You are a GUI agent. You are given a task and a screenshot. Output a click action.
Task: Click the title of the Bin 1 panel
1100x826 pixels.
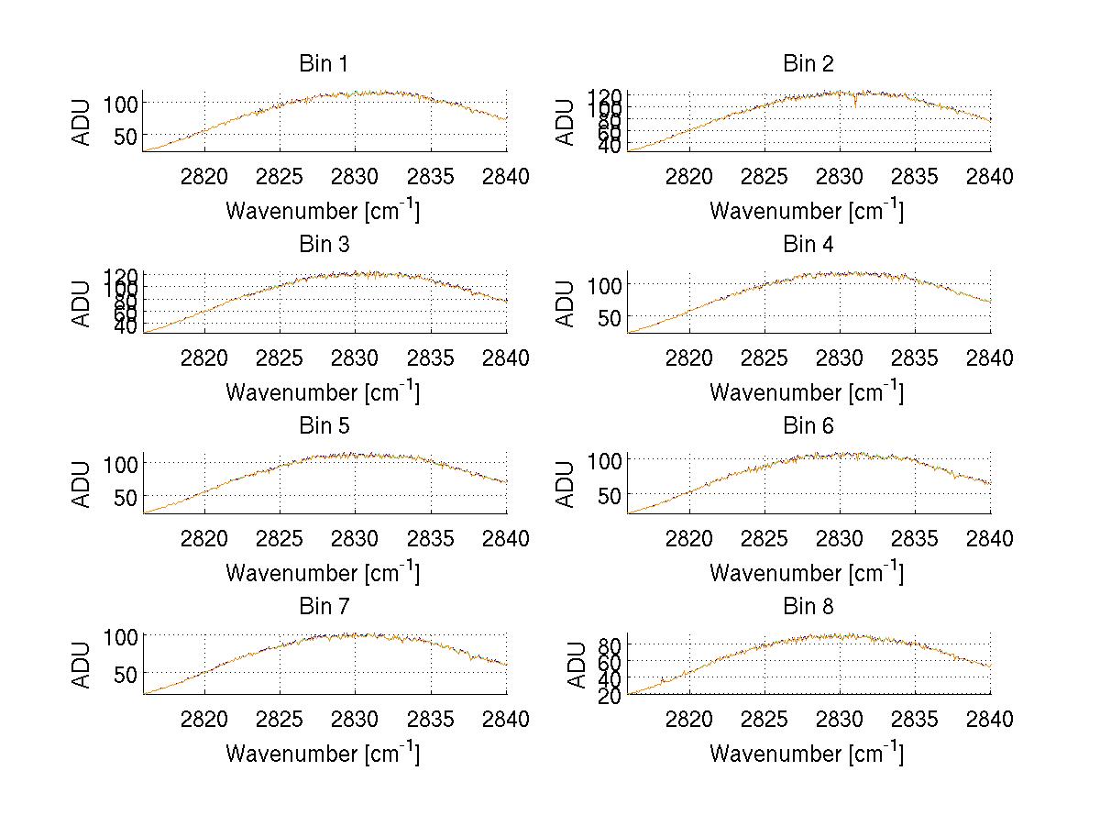pos(323,64)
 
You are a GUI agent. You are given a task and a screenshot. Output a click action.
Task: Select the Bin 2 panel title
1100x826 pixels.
pos(808,64)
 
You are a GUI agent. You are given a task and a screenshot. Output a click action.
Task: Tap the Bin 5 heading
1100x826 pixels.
pos(323,426)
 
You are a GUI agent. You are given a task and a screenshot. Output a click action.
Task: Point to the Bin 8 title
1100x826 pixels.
pos(808,607)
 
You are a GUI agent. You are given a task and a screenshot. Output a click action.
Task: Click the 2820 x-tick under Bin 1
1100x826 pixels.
pos(204,176)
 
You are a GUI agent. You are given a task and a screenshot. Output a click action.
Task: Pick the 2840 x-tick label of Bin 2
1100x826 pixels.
pos(990,176)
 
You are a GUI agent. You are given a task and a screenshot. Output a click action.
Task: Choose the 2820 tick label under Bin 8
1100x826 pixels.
pos(688,719)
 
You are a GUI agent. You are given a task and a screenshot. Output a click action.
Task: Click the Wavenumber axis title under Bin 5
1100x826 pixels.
pos(323,573)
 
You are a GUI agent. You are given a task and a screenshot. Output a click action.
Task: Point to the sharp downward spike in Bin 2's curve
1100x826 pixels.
pos(855,104)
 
